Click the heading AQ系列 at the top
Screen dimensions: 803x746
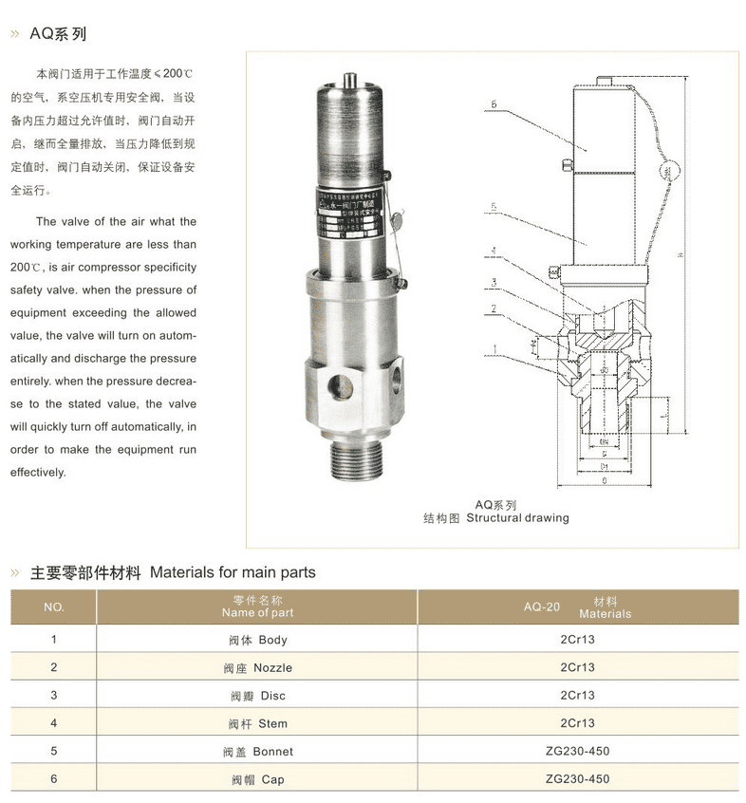point(58,34)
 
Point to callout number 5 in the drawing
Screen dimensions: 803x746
point(494,206)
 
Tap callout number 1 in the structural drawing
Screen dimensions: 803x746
point(494,349)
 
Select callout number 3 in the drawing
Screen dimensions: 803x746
point(494,282)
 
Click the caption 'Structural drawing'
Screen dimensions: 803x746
point(517,518)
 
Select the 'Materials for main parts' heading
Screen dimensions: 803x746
point(233,572)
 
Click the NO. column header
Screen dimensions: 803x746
point(54,607)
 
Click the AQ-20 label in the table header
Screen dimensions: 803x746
point(541,607)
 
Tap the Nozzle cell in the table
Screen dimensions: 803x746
point(257,668)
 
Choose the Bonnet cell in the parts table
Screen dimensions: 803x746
point(257,752)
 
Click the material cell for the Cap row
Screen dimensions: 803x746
point(577,779)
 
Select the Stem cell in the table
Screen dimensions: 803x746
point(257,724)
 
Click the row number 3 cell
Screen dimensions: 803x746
point(54,696)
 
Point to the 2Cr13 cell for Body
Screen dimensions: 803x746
point(577,641)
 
